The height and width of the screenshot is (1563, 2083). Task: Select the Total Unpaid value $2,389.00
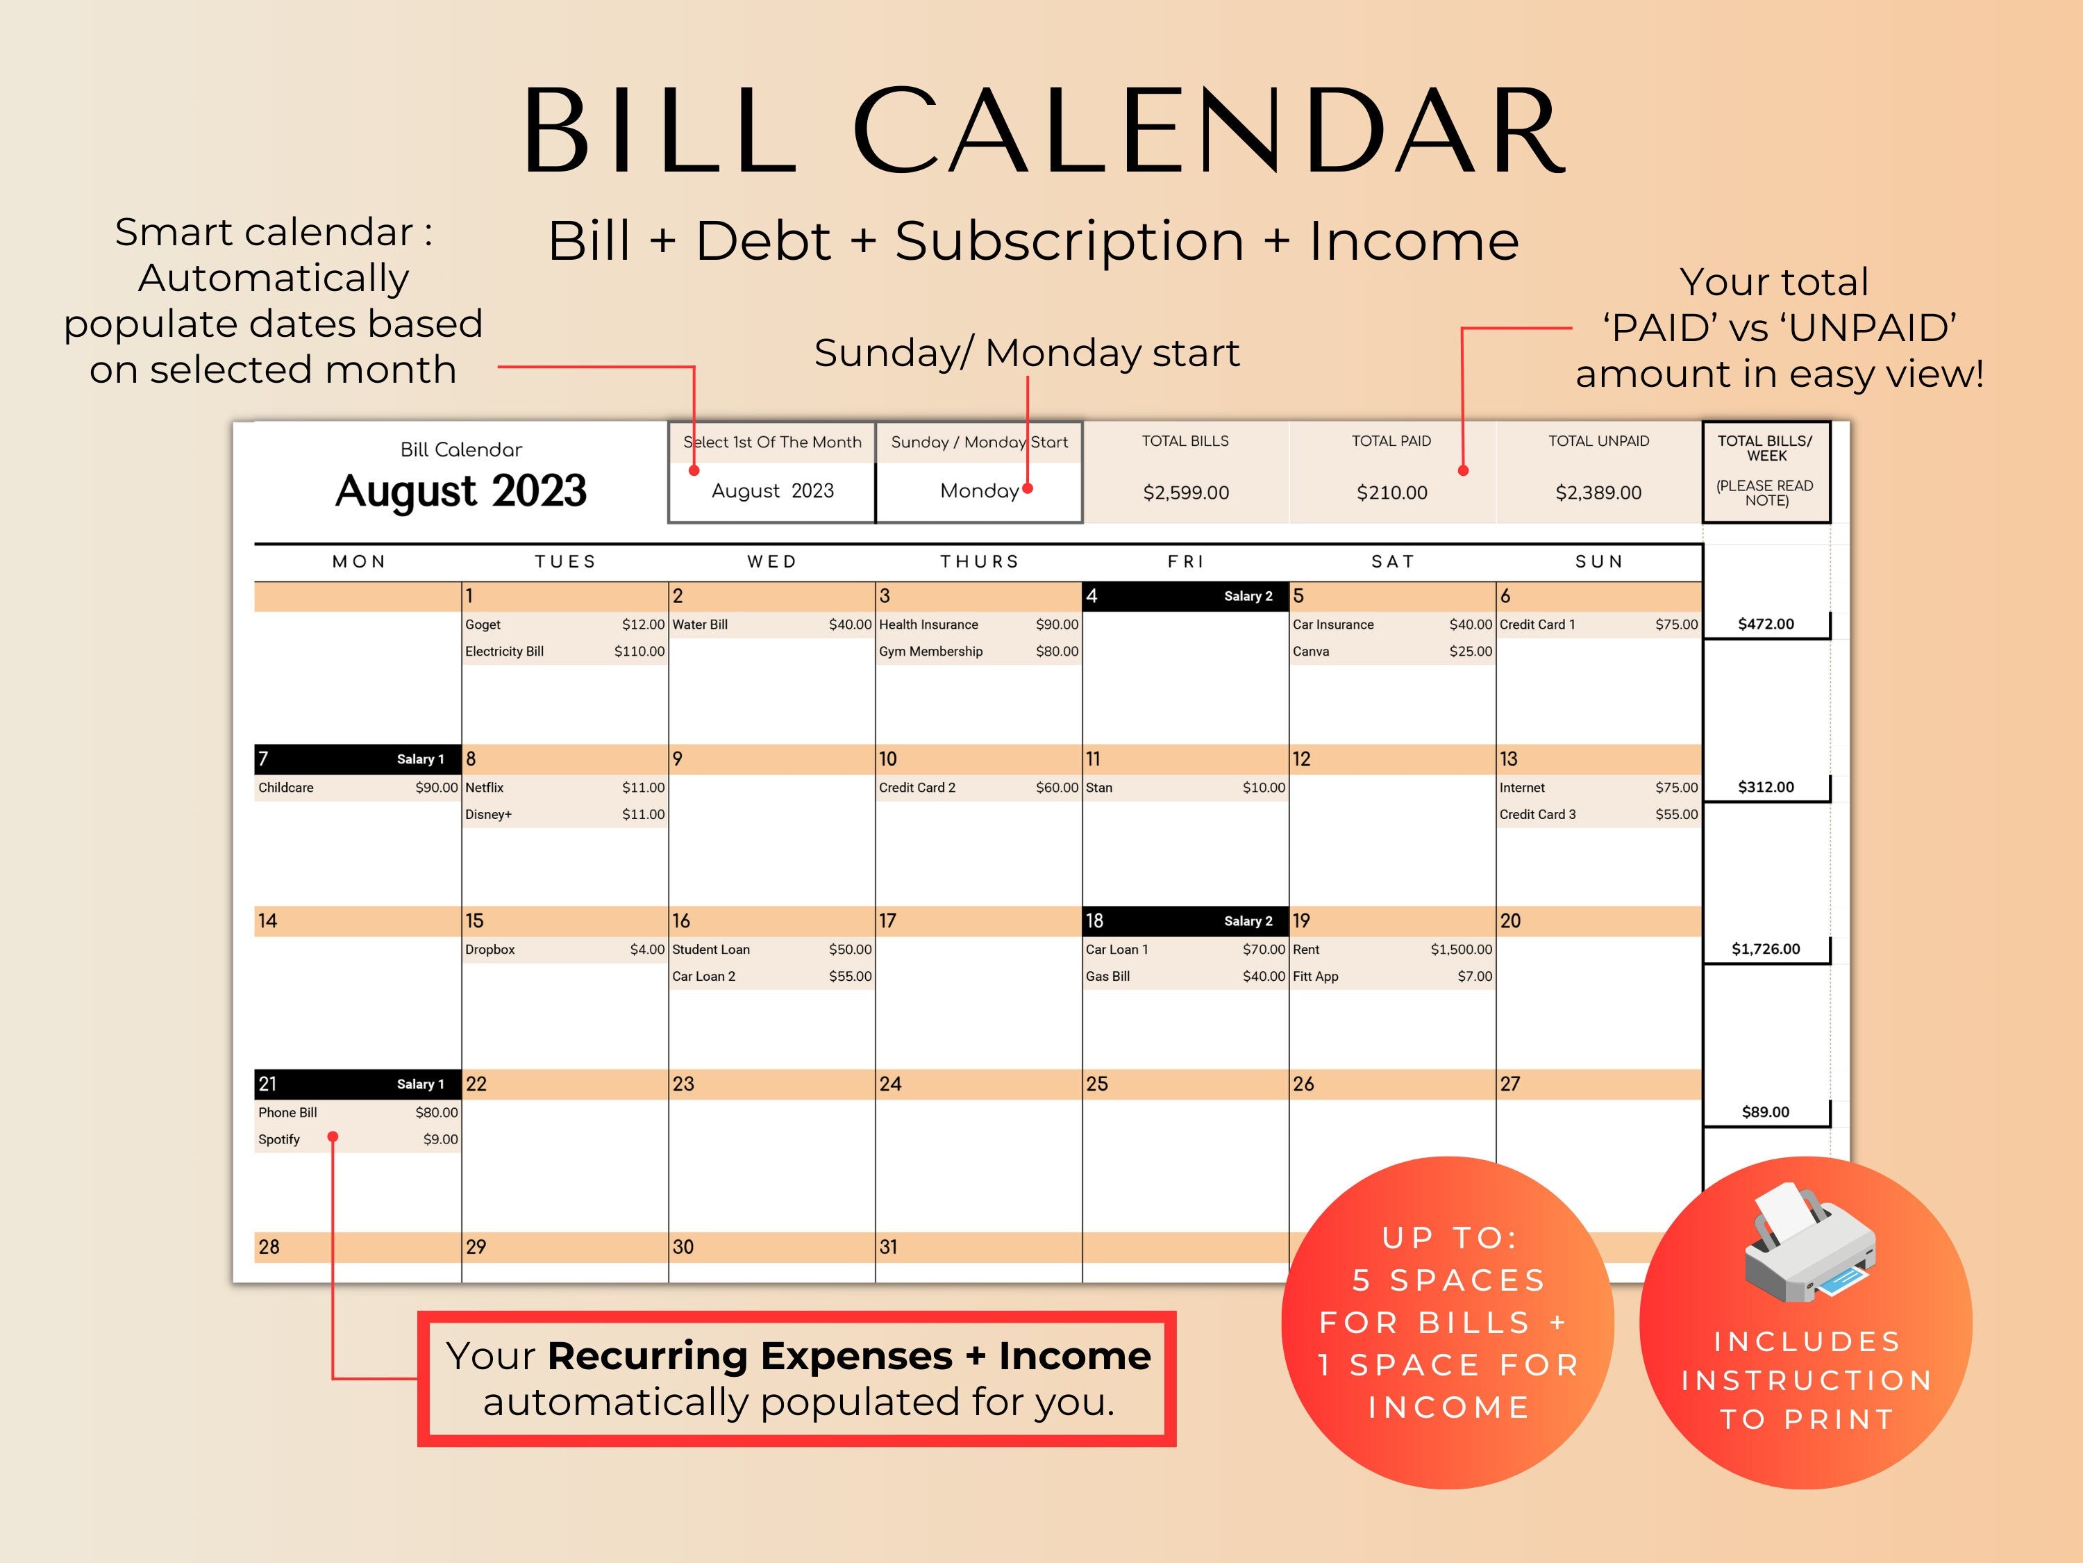tap(1598, 492)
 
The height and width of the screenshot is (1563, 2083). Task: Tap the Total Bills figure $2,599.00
tap(1186, 492)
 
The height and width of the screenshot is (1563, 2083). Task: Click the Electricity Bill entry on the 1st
tap(505, 651)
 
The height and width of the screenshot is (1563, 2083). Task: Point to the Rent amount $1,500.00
tap(1461, 949)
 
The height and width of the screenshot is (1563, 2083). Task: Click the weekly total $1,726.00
tap(1766, 949)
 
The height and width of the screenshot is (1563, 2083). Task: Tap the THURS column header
tap(979, 561)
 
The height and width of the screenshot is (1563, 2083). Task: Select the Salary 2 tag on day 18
tap(1248, 920)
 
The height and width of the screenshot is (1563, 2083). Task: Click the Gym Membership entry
tap(930, 651)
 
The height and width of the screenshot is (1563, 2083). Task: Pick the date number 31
tap(888, 1246)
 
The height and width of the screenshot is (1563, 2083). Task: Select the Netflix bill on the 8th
tap(484, 788)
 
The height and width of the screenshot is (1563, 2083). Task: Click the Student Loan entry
tap(711, 949)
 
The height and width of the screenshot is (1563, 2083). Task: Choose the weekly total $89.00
tap(1766, 1111)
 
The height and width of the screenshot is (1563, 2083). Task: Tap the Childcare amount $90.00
tap(436, 788)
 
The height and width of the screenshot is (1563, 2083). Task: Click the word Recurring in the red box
tap(649, 1356)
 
